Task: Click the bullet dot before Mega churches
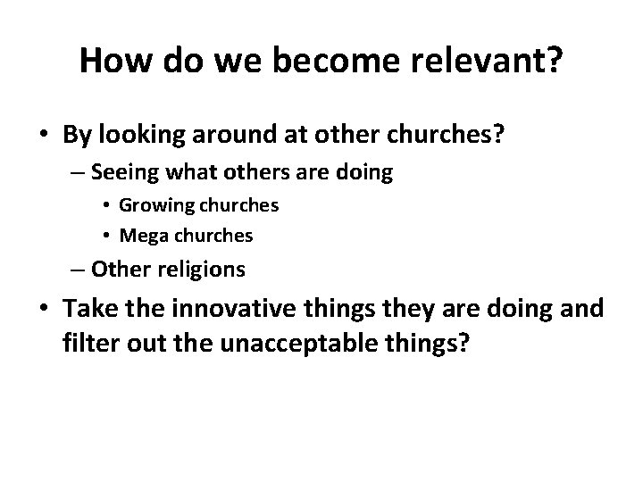click(107, 236)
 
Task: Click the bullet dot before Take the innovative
click(43, 310)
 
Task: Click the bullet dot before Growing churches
click(107, 205)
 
